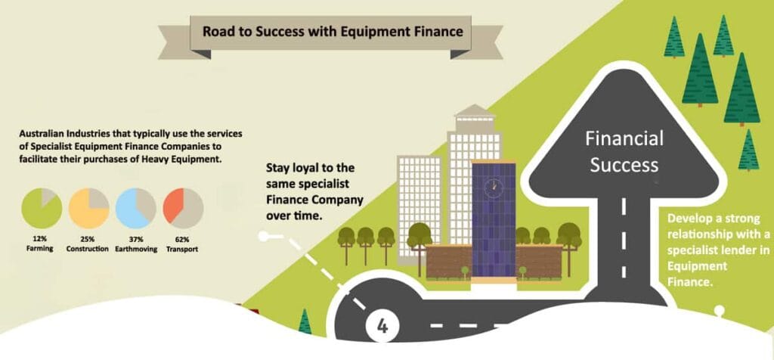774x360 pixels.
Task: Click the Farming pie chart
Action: pos(42,209)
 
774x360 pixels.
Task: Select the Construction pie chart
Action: pos(89,209)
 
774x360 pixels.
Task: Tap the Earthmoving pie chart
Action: pos(136,209)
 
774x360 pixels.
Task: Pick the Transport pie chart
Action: pos(183,209)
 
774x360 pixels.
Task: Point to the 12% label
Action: pos(42,238)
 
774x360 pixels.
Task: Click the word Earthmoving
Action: pos(136,248)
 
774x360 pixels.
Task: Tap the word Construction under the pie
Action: pos(89,248)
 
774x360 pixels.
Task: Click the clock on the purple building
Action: pos(493,185)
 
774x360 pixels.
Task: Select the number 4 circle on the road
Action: pos(382,326)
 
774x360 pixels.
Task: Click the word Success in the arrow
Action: pos(625,164)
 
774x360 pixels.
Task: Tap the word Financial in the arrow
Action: pos(625,139)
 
